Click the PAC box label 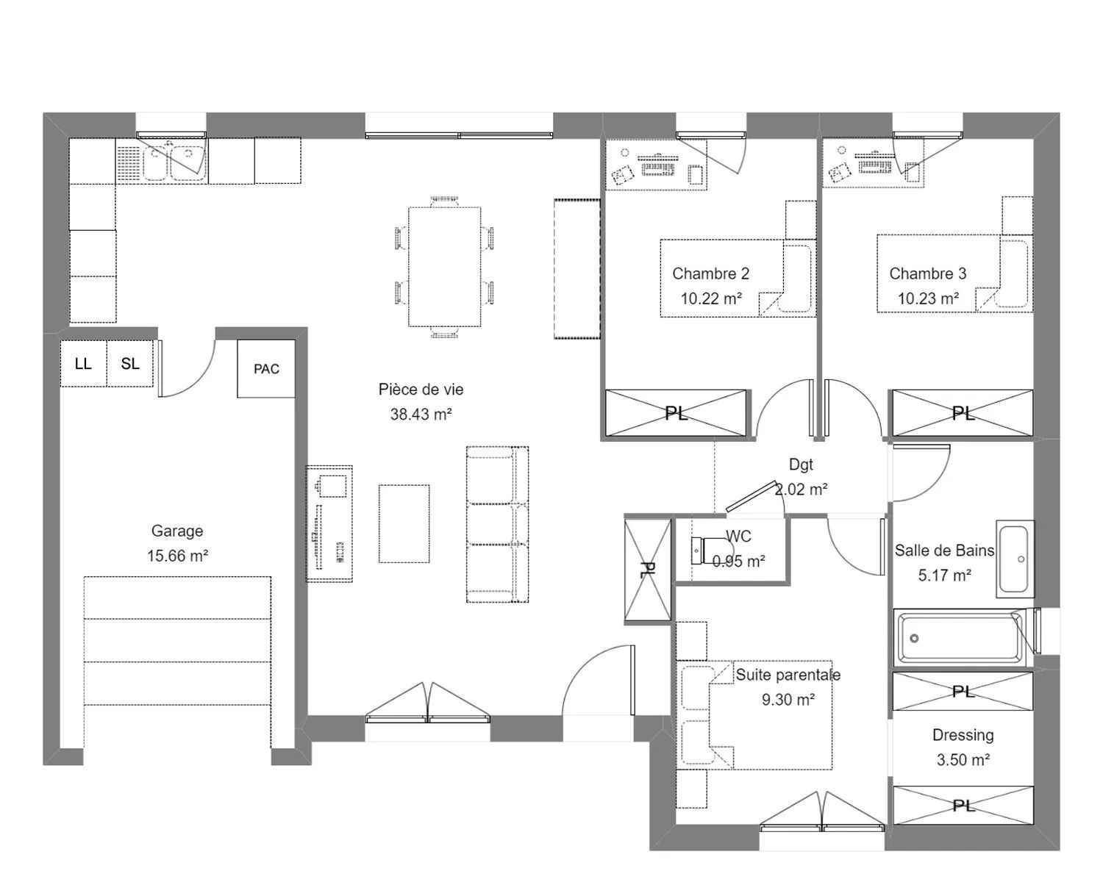point(266,369)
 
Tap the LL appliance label point(83,364)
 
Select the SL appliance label point(129,364)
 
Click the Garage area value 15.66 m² point(177,556)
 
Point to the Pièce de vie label point(421,390)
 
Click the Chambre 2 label point(710,273)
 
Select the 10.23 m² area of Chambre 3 point(928,298)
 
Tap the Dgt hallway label point(801,465)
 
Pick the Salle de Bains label point(944,551)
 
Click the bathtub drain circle point(914,638)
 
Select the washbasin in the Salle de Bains point(1015,559)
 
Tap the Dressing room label point(963,735)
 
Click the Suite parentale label point(788,675)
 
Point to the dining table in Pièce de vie point(444,267)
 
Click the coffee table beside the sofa point(404,523)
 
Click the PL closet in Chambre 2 point(676,413)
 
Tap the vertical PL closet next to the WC point(647,570)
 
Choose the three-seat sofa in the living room point(497,524)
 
